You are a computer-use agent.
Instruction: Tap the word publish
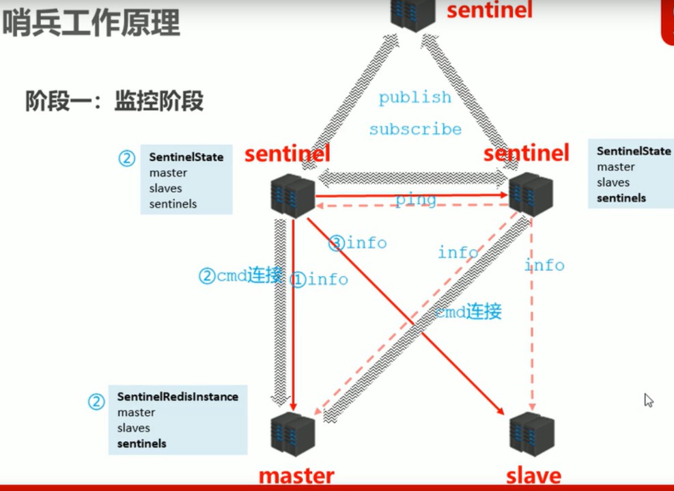[415, 98]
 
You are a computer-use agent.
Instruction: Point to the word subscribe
[415, 129]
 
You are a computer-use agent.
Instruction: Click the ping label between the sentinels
[415, 199]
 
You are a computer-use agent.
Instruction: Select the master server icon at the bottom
[292, 432]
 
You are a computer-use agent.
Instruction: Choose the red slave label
[533, 476]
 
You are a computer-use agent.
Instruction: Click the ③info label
[357, 242]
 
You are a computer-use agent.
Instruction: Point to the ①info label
[319, 279]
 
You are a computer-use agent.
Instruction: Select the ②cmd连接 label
[240, 276]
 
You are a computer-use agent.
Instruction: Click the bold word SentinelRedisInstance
[178, 397]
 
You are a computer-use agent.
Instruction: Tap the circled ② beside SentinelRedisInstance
[96, 402]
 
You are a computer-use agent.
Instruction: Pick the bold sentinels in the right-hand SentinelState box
[621, 198]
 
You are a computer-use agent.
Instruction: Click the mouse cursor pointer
[648, 400]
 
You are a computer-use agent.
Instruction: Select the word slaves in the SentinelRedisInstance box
[133, 428]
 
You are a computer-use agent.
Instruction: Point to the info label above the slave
[545, 264]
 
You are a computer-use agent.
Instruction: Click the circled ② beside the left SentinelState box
[127, 158]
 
